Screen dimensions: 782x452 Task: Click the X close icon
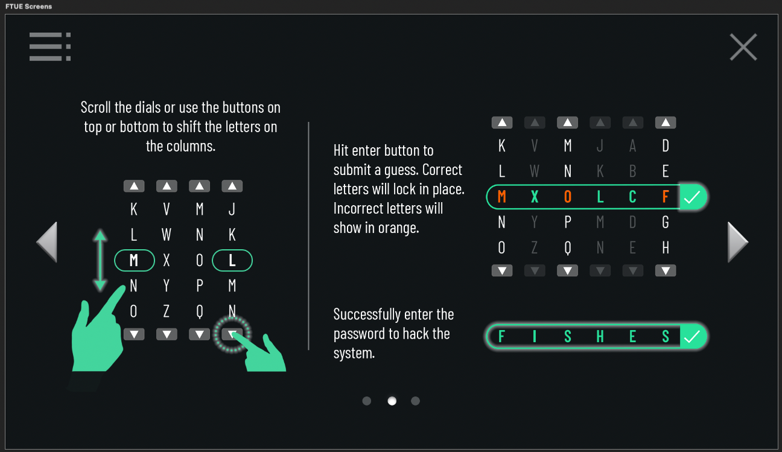[x=743, y=47]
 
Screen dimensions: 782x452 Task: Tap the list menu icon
[x=50, y=46]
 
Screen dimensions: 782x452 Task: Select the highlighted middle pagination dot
[x=392, y=401]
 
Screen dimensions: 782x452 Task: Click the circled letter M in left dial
[x=135, y=260]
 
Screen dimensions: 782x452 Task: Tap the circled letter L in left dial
[x=232, y=260]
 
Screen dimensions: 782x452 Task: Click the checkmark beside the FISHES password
[x=692, y=337]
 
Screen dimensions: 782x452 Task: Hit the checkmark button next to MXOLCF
[x=692, y=197]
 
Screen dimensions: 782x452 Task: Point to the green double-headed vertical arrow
[x=100, y=260]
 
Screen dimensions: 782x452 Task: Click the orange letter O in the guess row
[x=568, y=197]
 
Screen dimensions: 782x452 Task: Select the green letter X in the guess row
[x=535, y=197]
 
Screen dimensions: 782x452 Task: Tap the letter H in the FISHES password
[x=600, y=337]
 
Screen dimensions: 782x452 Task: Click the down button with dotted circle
[x=232, y=334]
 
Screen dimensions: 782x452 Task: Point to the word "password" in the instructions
[x=361, y=334]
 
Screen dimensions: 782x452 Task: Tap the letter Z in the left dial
[x=167, y=311]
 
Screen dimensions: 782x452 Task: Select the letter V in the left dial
[x=167, y=209]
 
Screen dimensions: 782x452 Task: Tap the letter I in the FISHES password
[x=535, y=337]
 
